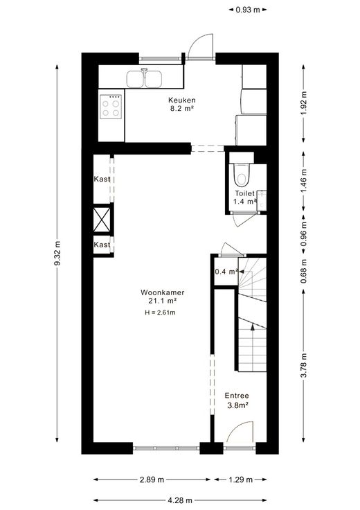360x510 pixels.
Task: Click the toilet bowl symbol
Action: [x=242, y=175]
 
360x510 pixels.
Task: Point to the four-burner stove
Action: [x=111, y=107]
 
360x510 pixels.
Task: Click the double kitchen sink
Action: [x=144, y=79]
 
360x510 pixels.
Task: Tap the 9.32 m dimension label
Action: [x=57, y=254]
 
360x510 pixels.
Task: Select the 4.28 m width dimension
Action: [x=180, y=500]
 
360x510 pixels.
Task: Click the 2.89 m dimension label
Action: [x=152, y=480]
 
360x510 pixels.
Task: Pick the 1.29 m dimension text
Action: [x=240, y=480]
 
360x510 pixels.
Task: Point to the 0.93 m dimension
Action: [x=248, y=10]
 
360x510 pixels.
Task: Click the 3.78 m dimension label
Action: [x=303, y=365]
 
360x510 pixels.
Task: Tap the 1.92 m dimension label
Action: [x=303, y=103]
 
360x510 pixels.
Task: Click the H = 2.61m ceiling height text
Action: [x=160, y=313]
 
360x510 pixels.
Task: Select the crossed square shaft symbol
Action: [x=102, y=220]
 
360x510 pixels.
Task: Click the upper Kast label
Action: [x=102, y=179]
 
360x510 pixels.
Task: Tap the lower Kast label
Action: [x=102, y=245]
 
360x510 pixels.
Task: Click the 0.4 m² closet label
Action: [x=226, y=271]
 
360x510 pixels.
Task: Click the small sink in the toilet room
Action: [x=262, y=200]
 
